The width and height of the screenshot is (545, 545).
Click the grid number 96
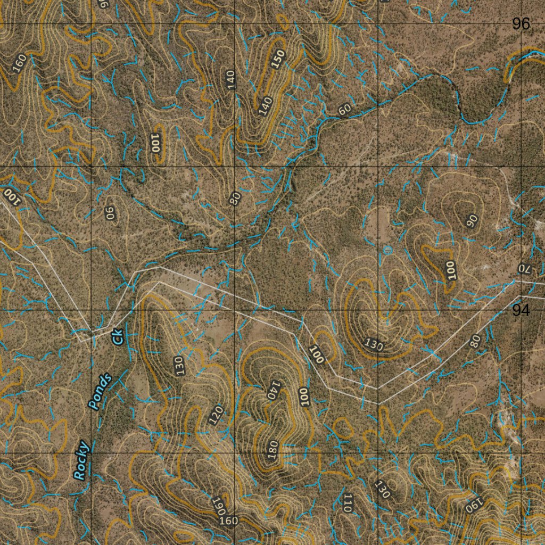point(521,24)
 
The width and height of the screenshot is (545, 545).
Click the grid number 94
point(521,311)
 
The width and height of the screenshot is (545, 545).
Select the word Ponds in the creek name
point(101,391)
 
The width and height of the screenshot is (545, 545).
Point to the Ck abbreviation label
point(118,336)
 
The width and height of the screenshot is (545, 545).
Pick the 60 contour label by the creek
point(345,110)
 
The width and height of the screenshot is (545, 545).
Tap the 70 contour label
point(526,268)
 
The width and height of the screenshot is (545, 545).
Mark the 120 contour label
point(216,415)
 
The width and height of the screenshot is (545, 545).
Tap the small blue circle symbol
point(387,249)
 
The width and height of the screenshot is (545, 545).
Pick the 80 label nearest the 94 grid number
point(475,341)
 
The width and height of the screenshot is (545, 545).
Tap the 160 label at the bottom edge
point(229,521)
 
